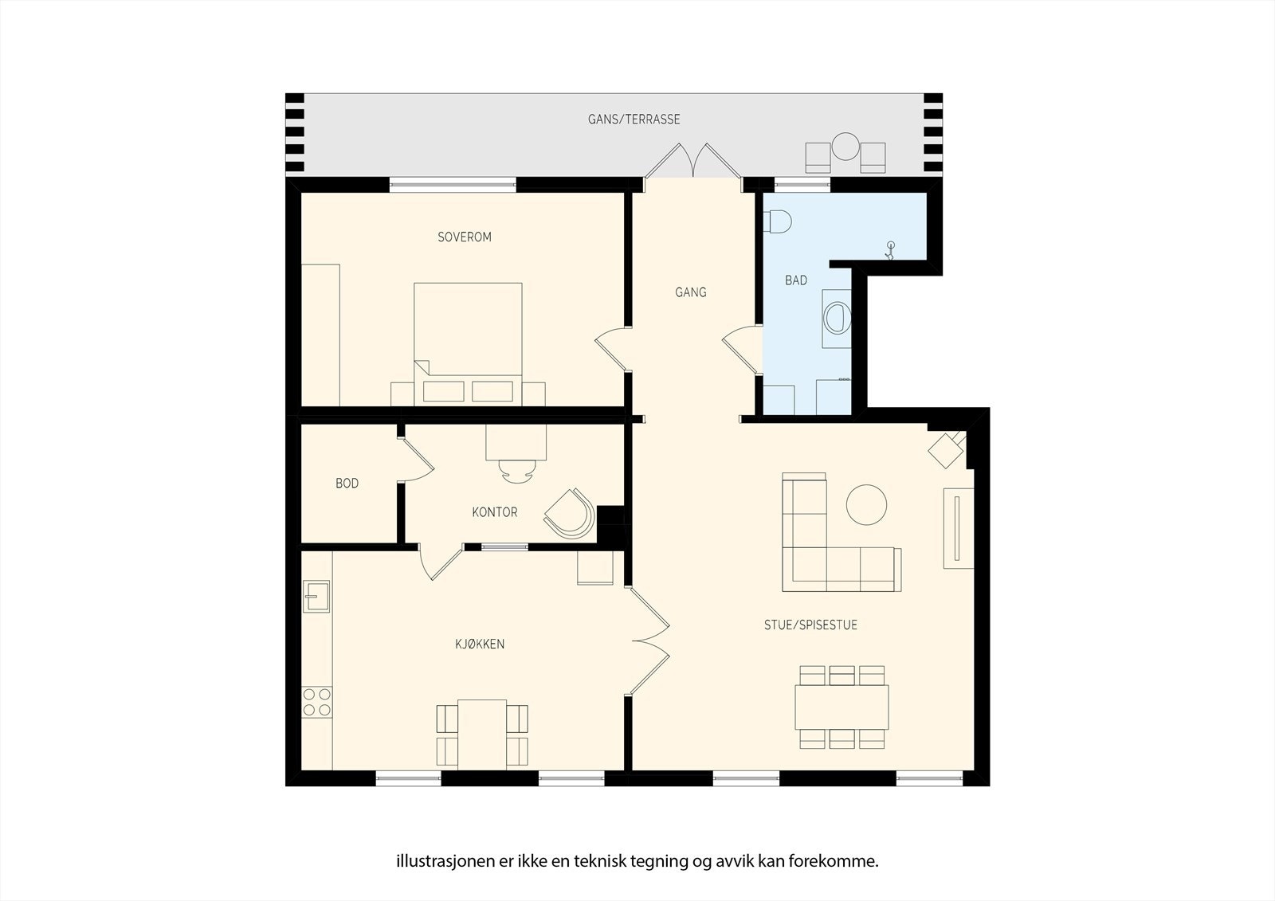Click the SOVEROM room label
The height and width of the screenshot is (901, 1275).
465,237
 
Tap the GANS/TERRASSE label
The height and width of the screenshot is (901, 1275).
634,119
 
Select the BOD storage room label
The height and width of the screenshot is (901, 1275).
347,484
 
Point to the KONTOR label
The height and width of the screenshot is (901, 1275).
494,512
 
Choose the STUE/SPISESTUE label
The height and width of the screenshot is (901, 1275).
810,625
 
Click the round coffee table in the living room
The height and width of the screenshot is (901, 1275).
866,504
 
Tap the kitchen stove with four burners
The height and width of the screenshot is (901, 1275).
316,702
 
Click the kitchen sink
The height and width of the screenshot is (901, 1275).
316,596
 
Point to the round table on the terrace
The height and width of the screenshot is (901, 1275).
845,147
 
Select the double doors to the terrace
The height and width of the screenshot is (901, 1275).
693,162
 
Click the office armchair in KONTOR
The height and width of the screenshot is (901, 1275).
571,513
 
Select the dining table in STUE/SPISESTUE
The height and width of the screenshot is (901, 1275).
841,707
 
